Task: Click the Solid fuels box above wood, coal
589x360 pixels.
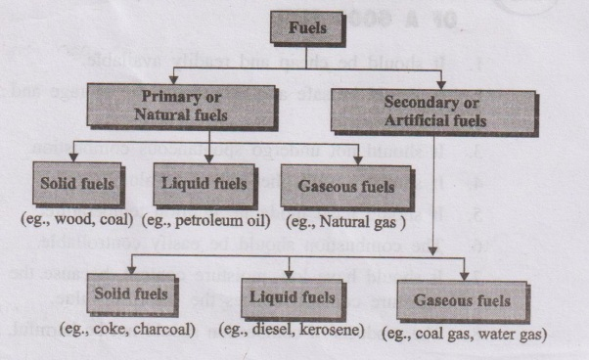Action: pyautogui.click(x=72, y=183)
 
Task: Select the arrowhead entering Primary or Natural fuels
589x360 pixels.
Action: pyautogui.click(x=172, y=83)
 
